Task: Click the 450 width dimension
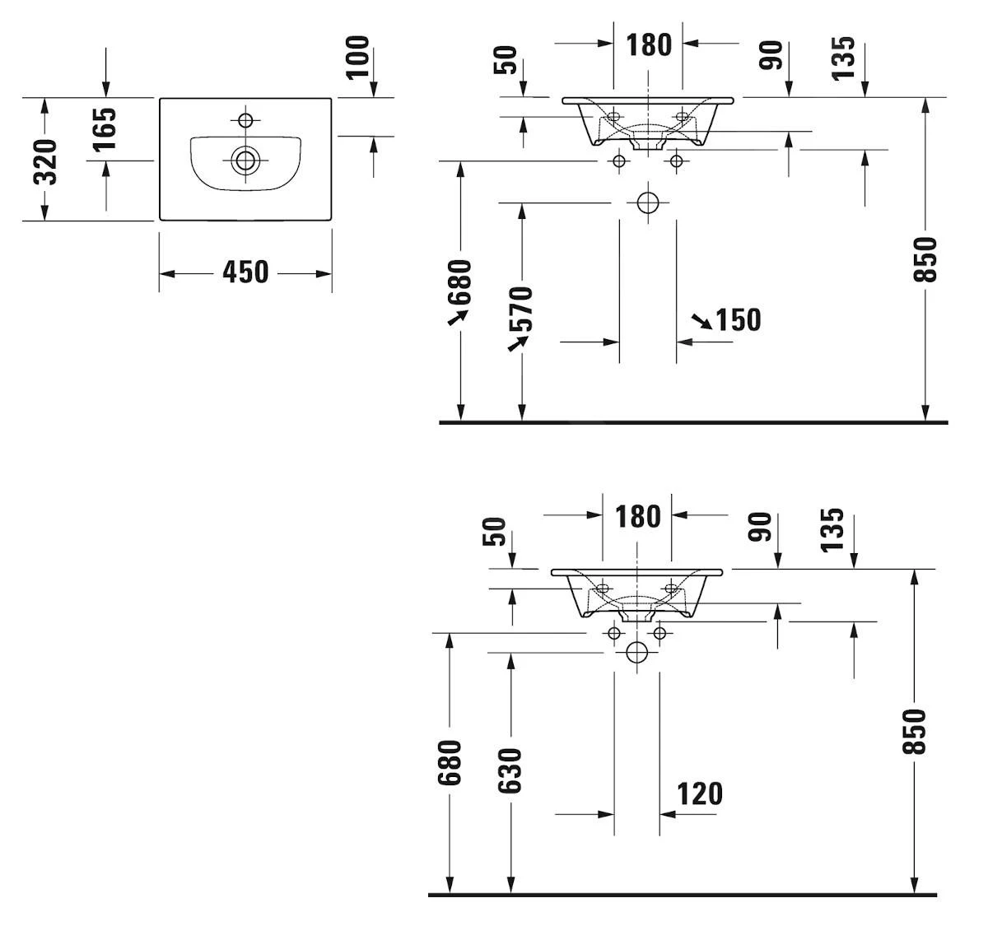[245, 272]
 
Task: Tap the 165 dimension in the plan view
[105, 129]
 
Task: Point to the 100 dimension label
[358, 57]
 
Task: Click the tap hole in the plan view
[245, 120]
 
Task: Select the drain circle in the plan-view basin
[245, 159]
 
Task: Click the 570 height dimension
[521, 309]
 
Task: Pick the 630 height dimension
[510, 770]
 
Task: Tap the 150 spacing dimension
[738, 319]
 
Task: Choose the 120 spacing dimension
[699, 794]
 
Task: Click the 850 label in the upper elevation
[926, 259]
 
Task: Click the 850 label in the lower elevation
[915, 731]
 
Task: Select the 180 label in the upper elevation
[649, 44]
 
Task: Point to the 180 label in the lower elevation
[638, 517]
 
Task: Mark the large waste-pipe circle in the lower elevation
[636, 653]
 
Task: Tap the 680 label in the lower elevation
[450, 762]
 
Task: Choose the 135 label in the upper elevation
[843, 58]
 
